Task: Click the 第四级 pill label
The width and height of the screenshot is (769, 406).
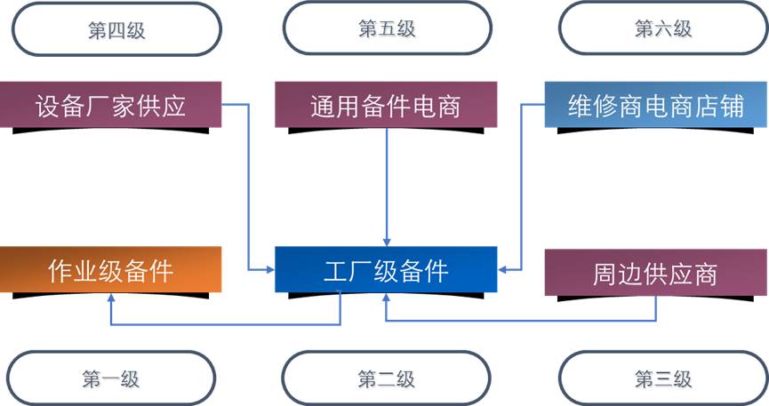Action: point(116,30)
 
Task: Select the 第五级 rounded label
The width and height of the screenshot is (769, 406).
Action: point(387,28)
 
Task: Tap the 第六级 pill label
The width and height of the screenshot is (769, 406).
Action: point(662,28)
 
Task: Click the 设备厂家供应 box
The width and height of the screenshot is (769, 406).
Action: point(110,106)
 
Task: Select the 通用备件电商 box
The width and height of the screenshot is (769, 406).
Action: point(385,106)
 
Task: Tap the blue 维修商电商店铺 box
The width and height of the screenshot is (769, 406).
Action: point(656,106)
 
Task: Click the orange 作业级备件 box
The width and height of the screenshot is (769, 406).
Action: point(110,269)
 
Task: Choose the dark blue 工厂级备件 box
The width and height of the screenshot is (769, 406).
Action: point(385,269)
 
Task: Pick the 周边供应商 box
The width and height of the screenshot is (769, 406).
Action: point(655,272)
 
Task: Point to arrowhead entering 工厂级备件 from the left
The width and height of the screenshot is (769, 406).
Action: point(270,267)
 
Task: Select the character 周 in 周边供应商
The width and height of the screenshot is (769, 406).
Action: point(605,273)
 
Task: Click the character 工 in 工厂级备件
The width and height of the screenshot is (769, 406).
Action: point(335,269)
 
